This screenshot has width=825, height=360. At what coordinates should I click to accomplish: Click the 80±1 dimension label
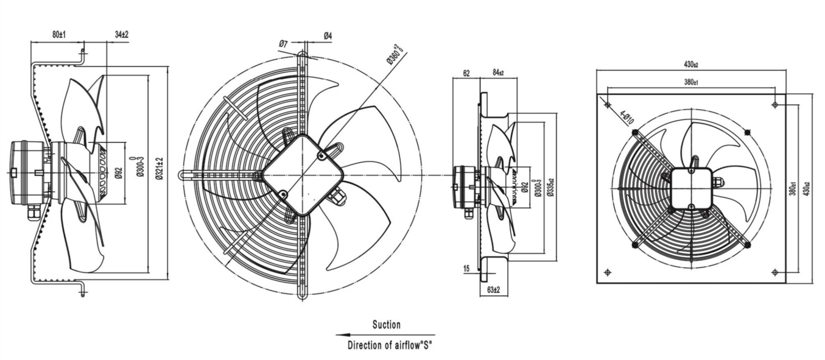point(58,35)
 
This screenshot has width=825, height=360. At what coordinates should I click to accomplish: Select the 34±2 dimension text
point(122,35)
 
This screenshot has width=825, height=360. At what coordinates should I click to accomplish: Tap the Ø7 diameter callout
point(283,43)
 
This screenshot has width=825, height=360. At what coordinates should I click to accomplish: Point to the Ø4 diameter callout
point(328,37)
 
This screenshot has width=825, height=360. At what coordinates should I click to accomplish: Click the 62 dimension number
point(466,74)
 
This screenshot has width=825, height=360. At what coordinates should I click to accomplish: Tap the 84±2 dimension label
point(498,74)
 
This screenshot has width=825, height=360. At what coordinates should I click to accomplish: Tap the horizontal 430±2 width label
point(690,64)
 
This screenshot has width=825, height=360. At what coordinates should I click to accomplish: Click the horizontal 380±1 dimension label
point(690,82)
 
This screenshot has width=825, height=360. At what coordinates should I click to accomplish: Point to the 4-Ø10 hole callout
point(627,116)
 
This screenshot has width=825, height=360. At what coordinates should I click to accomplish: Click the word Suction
point(387,325)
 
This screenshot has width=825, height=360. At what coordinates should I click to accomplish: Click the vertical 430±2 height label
point(807,188)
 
